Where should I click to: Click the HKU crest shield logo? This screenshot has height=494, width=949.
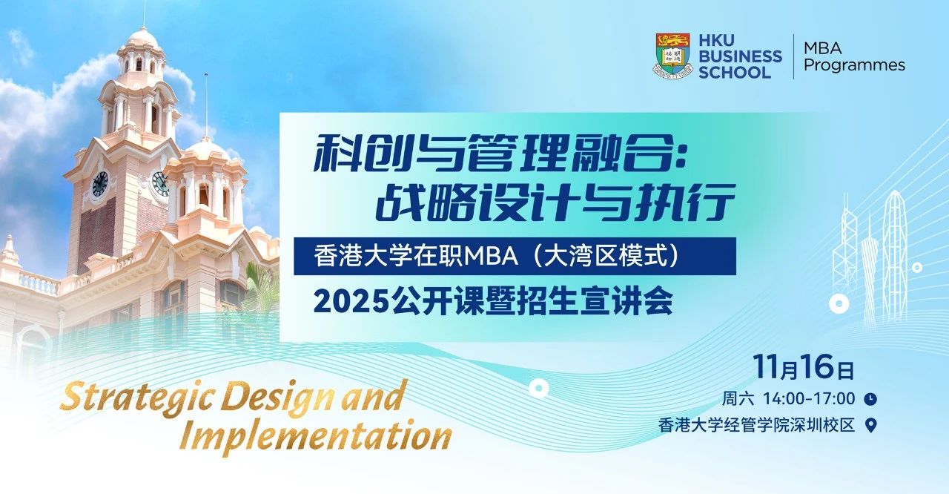pyautogui.click(x=672, y=56)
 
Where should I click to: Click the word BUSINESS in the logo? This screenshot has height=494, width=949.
pyautogui.click(x=739, y=56)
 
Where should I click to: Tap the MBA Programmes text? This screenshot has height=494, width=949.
pyautogui.click(x=854, y=56)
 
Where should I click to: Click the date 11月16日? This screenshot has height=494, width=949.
pyautogui.click(x=804, y=367)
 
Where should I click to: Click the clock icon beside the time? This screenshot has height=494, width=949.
pyautogui.click(x=870, y=399)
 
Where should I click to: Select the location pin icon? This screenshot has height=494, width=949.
pyautogui.click(x=871, y=425)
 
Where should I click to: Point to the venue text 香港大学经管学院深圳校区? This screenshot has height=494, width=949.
pyautogui.click(x=756, y=426)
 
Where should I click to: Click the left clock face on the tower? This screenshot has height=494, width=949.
pyautogui.click(x=100, y=183)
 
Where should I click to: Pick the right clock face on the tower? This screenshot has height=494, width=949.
pyautogui.click(x=159, y=182)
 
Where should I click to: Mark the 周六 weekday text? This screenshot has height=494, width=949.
pyautogui.click(x=738, y=398)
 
